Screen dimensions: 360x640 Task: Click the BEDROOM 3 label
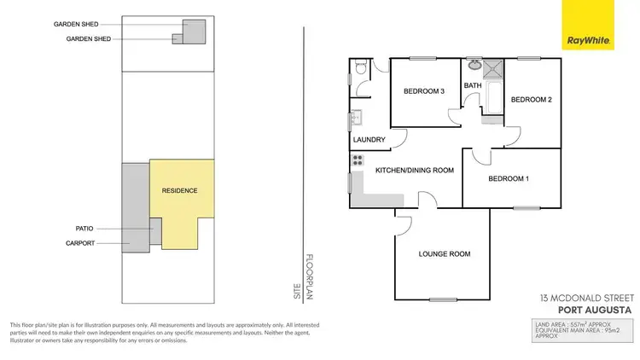(424, 91)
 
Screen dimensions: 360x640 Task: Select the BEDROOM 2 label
(531, 100)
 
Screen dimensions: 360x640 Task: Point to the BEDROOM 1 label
(509, 178)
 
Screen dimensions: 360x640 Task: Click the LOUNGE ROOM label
(445, 254)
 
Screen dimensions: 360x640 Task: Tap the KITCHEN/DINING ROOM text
(414, 171)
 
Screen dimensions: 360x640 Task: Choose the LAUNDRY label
(369, 140)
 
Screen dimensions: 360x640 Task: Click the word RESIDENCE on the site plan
(179, 190)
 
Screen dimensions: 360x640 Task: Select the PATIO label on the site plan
(84, 229)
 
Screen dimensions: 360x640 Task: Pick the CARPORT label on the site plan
(80, 243)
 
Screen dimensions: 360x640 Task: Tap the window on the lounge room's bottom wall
(442, 299)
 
